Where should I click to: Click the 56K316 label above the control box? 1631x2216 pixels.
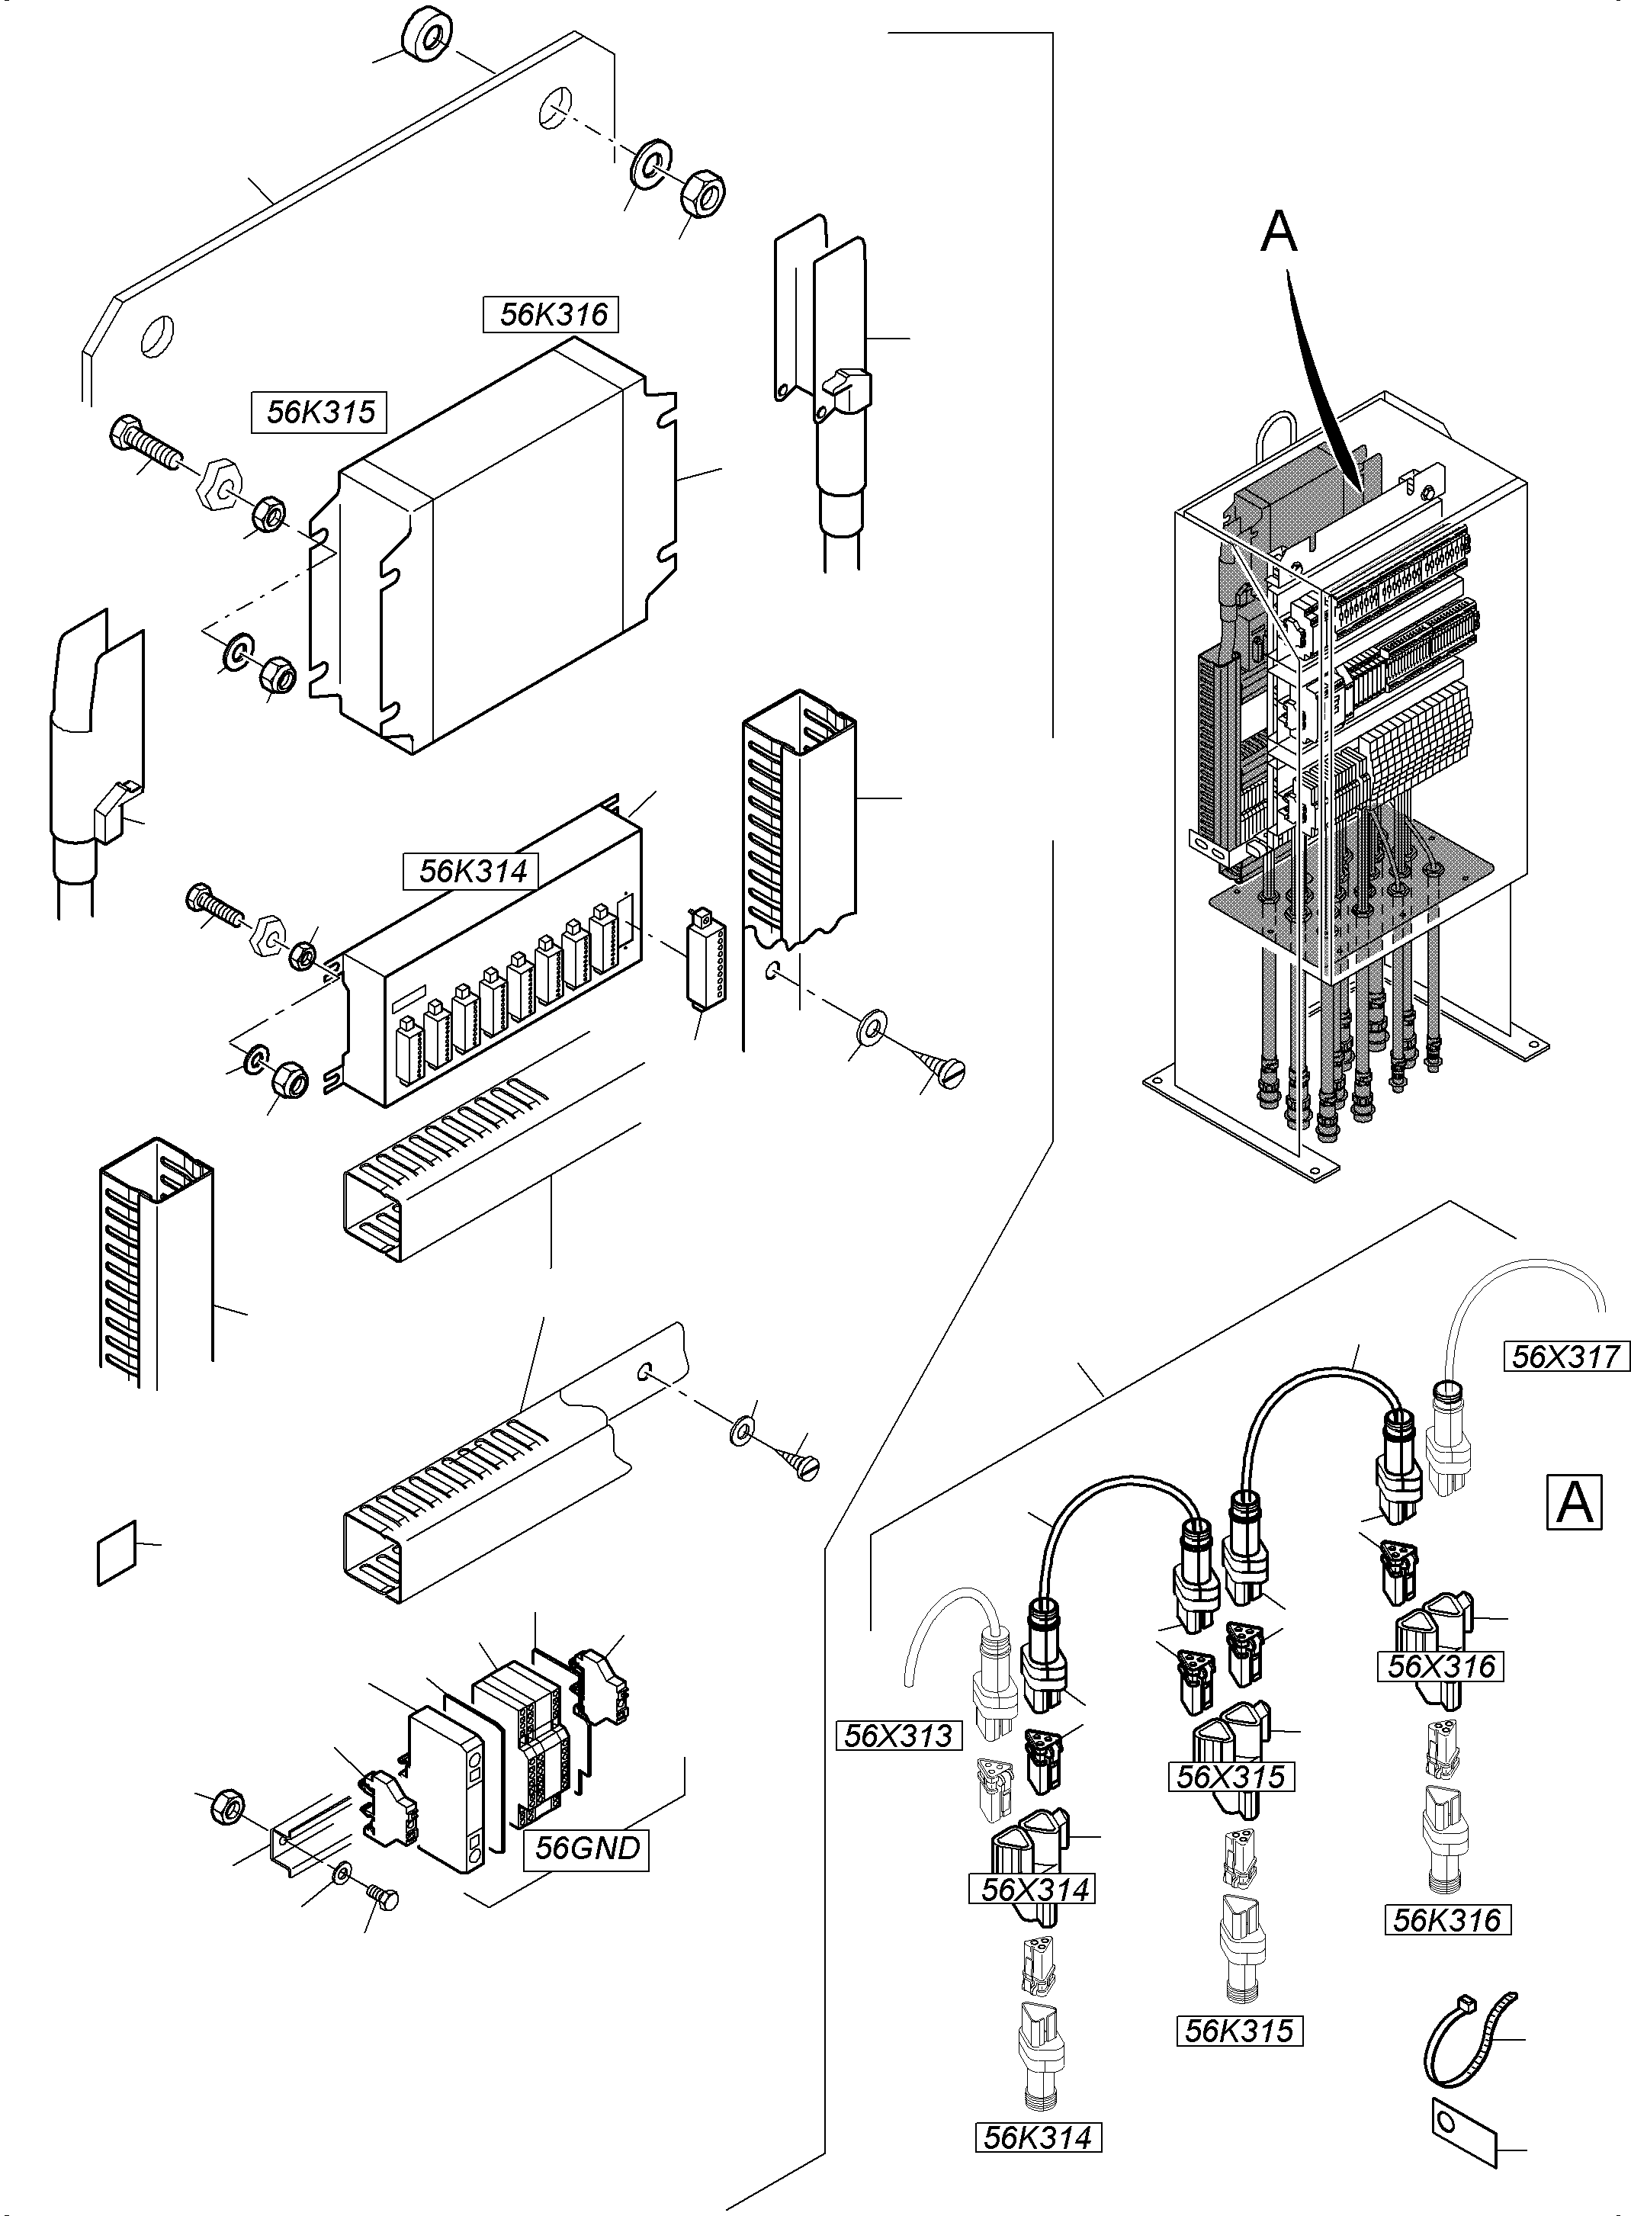pos(551,315)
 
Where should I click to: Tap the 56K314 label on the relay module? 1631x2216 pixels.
pos(472,872)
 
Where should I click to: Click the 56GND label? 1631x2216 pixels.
pos(586,1848)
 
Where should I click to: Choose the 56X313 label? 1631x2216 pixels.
pos(898,1736)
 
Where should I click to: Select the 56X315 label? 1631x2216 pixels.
pos(1230,1777)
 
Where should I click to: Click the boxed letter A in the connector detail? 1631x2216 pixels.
pos(1573,1501)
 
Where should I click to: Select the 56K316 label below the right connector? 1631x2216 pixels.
pos(1447,1920)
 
